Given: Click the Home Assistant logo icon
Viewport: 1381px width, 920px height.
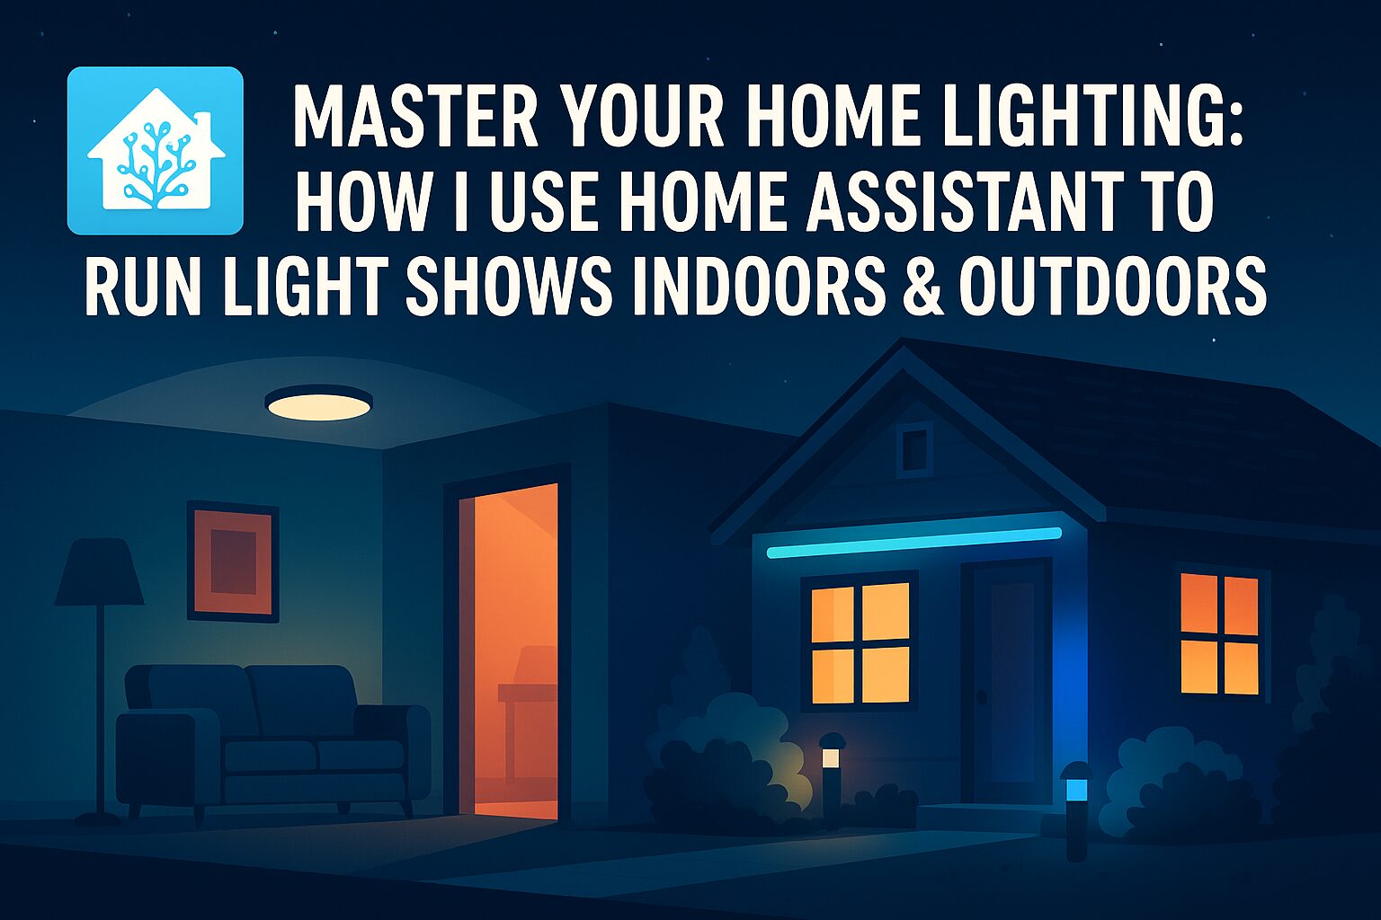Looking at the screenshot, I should [156, 150].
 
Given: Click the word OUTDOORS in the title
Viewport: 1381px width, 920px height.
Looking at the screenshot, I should [1113, 286].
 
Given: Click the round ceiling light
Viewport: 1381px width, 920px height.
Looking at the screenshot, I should [319, 402].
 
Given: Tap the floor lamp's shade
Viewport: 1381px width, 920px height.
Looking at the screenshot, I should [99, 571].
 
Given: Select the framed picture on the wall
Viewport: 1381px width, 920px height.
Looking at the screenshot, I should [233, 561].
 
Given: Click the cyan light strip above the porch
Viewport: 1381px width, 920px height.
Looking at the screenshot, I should [913, 542].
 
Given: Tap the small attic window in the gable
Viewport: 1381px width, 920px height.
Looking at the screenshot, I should [914, 447].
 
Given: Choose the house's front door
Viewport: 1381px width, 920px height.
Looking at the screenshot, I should [1006, 683].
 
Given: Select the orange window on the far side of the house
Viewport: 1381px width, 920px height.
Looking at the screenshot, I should [1219, 633].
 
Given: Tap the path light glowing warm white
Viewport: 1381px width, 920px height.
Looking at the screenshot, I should [831, 758].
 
